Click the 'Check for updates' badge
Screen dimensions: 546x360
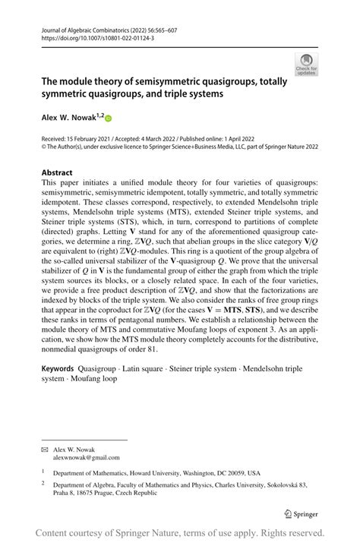(x=308, y=63)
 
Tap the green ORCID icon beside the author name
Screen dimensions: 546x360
(x=108, y=118)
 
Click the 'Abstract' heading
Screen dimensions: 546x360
(x=57, y=172)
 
